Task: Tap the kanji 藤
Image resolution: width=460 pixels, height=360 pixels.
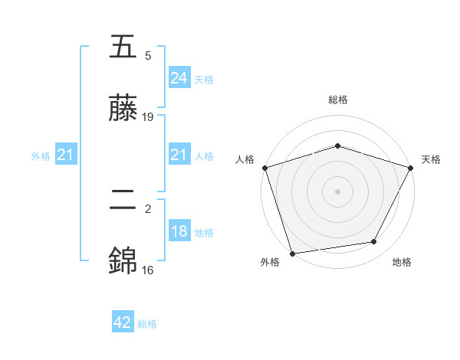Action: click(124, 110)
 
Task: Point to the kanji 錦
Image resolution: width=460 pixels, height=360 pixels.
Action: click(124, 262)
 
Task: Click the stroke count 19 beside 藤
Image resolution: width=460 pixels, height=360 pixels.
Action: click(148, 117)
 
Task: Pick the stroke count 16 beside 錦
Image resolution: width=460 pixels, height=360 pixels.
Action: click(148, 270)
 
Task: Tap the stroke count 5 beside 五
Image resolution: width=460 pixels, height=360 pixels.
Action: click(148, 56)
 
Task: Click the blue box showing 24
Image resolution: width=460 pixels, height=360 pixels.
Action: click(179, 78)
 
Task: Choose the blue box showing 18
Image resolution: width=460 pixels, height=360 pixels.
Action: click(179, 231)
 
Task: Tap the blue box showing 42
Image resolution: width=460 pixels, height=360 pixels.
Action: click(123, 322)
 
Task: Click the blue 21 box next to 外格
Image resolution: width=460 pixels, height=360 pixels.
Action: click(66, 155)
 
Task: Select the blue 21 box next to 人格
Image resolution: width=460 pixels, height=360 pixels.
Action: click(179, 155)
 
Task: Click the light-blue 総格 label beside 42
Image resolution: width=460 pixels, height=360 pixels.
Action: click(147, 324)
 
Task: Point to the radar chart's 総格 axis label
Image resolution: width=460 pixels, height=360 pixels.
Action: click(337, 100)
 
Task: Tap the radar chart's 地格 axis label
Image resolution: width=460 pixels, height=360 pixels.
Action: click(402, 262)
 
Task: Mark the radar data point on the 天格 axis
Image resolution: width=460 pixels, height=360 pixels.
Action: click(411, 168)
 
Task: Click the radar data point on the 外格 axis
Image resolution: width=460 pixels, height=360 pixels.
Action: click(292, 253)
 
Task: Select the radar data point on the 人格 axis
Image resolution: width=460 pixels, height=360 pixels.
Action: click(264, 168)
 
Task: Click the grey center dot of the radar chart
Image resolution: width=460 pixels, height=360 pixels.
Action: click(337, 191)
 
